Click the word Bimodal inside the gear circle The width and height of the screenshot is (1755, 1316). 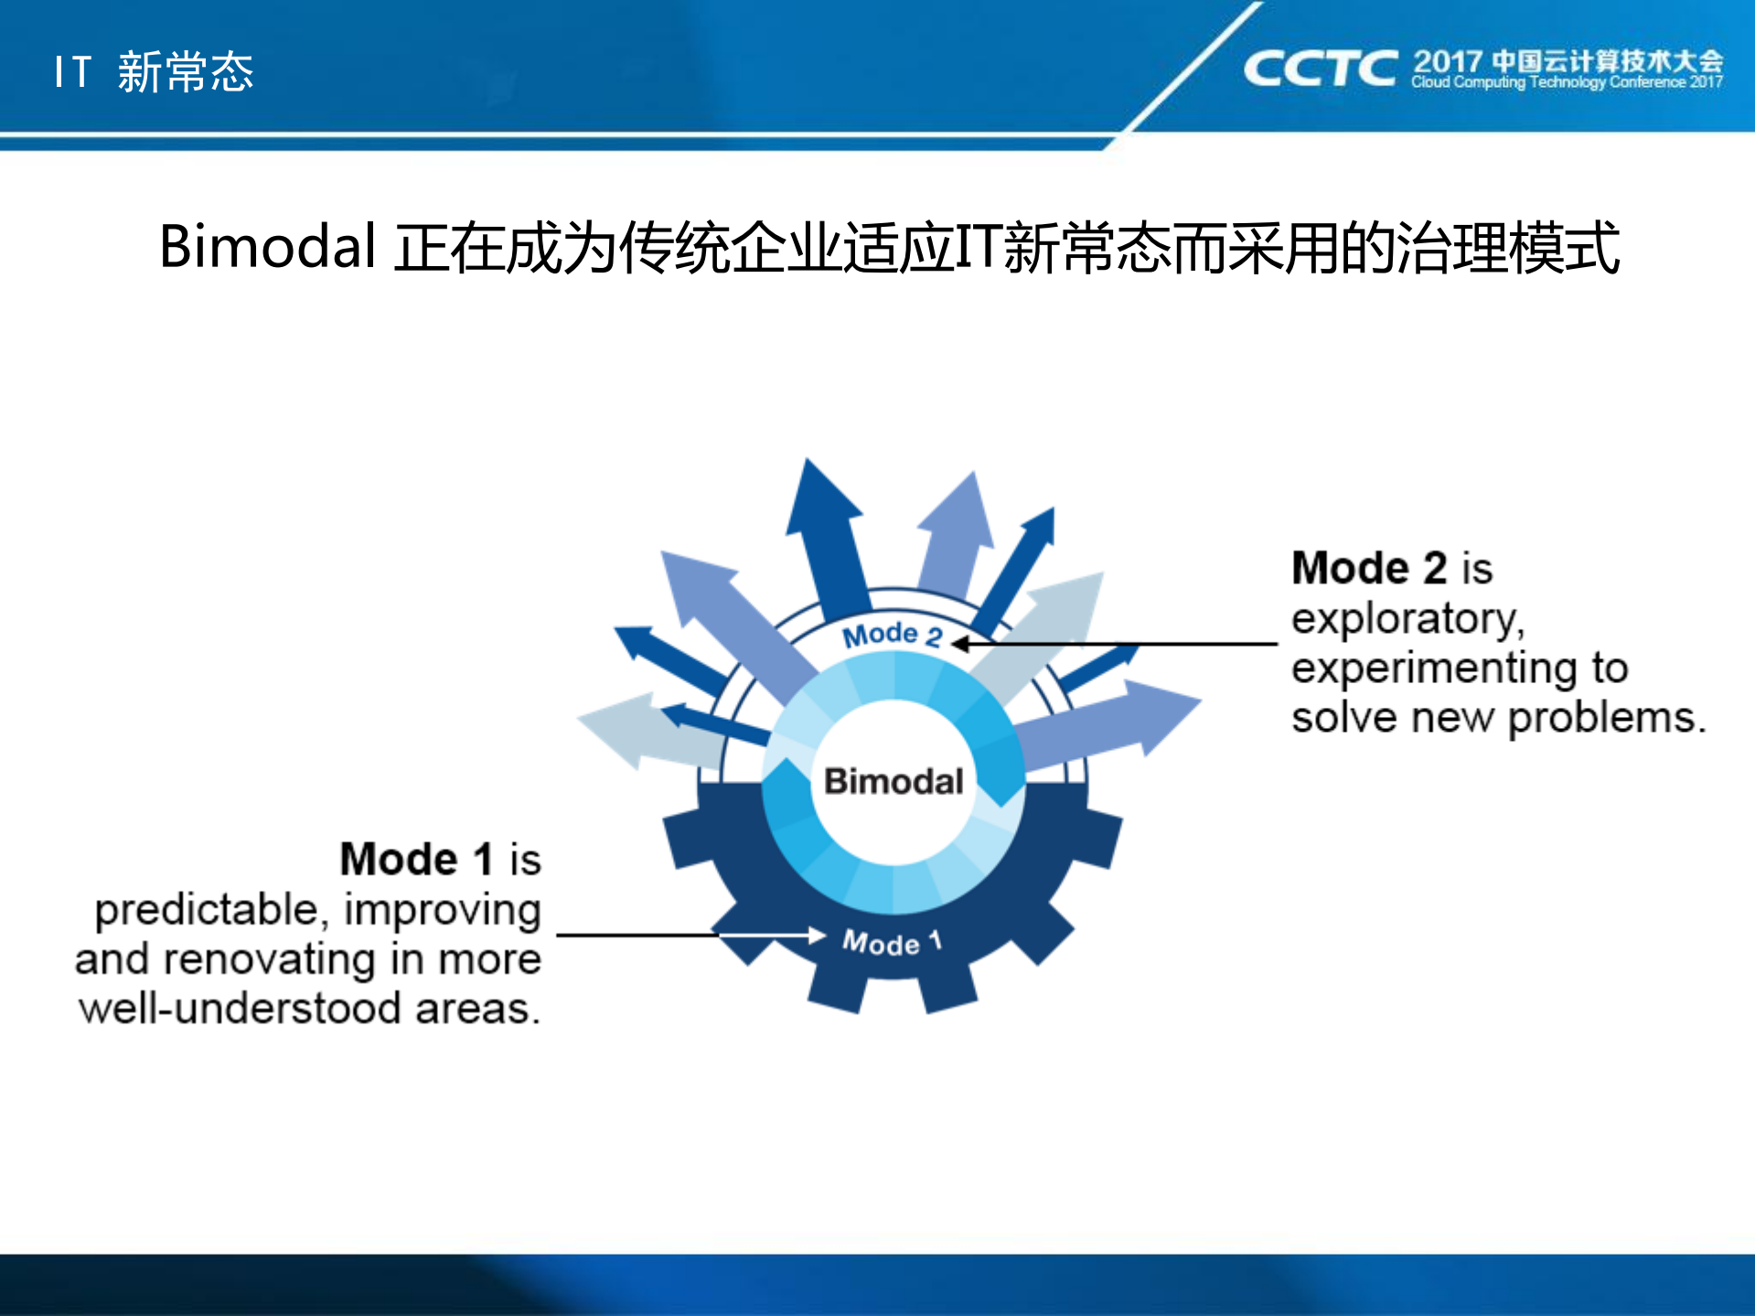click(x=894, y=782)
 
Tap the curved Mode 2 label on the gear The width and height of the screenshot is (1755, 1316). click(x=892, y=635)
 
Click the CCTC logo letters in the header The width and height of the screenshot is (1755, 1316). click(x=1320, y=70)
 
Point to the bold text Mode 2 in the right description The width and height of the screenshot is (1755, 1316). click(x=1369, y=568)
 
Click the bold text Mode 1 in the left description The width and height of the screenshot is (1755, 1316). click(x=416, y=860)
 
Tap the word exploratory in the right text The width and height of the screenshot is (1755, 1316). click(x=1407, y=619)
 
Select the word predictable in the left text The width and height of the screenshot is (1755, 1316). click(x=206, y=910)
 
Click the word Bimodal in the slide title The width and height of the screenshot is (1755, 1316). click(x=267, y=247)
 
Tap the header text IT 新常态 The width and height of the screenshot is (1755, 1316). click(x=154, y=71)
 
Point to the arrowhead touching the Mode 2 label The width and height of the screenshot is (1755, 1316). click(x=960, y=644)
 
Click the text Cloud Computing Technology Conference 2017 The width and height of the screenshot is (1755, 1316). click(x=1567, y=82)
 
